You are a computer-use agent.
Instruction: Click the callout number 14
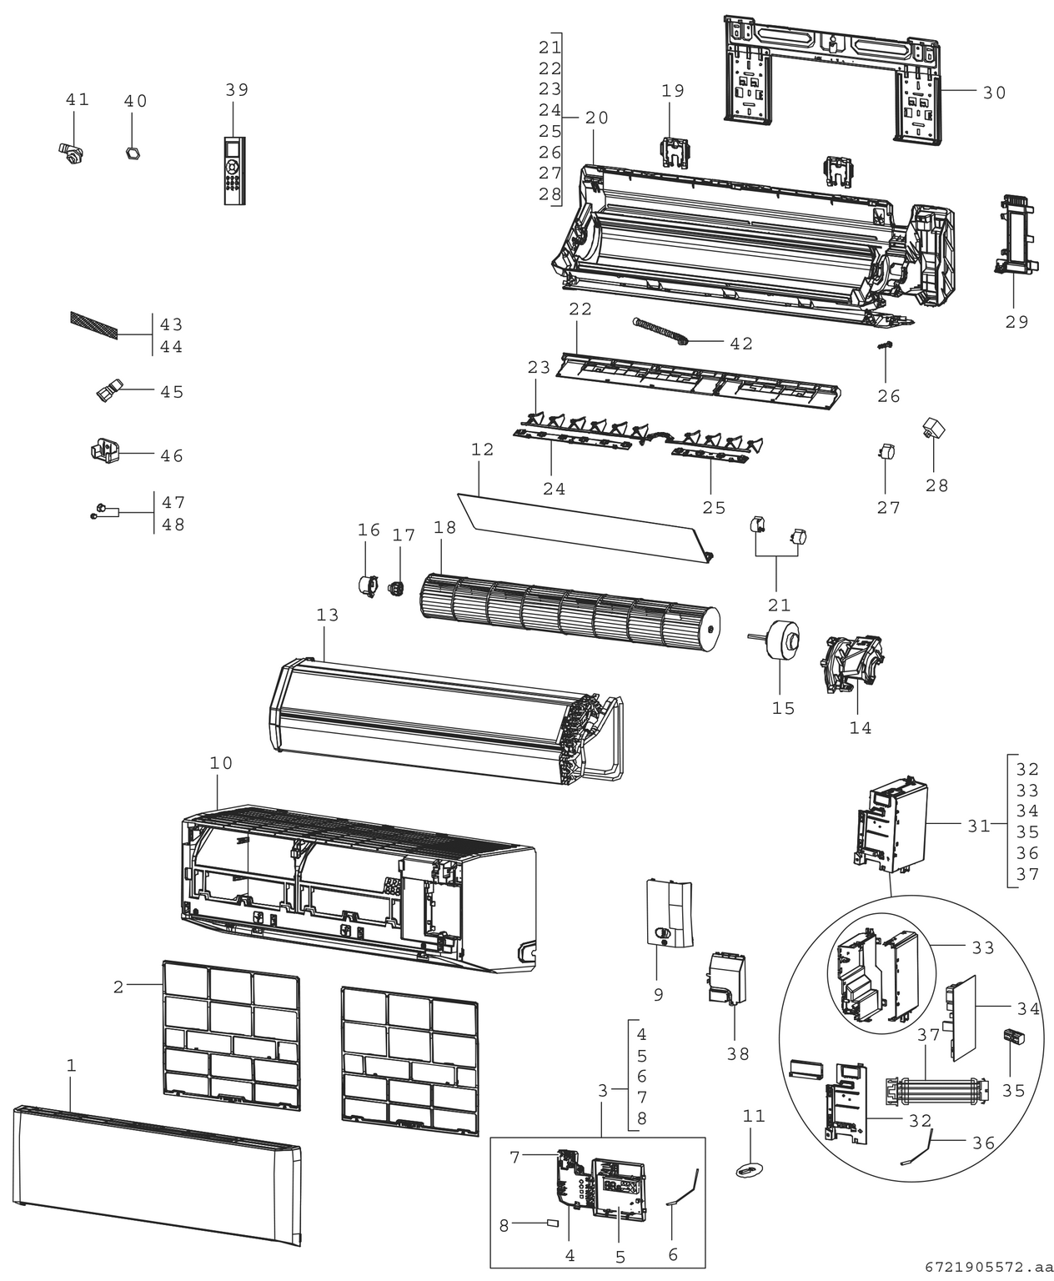[x=860, y=728]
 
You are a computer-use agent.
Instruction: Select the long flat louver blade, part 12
[x=584, y=524]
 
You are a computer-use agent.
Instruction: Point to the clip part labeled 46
[x=104, y=451]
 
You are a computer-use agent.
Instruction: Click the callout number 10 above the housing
[x=221, y=763]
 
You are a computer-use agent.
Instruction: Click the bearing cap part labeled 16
[x=364, y=584]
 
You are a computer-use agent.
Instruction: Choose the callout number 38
[x=737, y=1053]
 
